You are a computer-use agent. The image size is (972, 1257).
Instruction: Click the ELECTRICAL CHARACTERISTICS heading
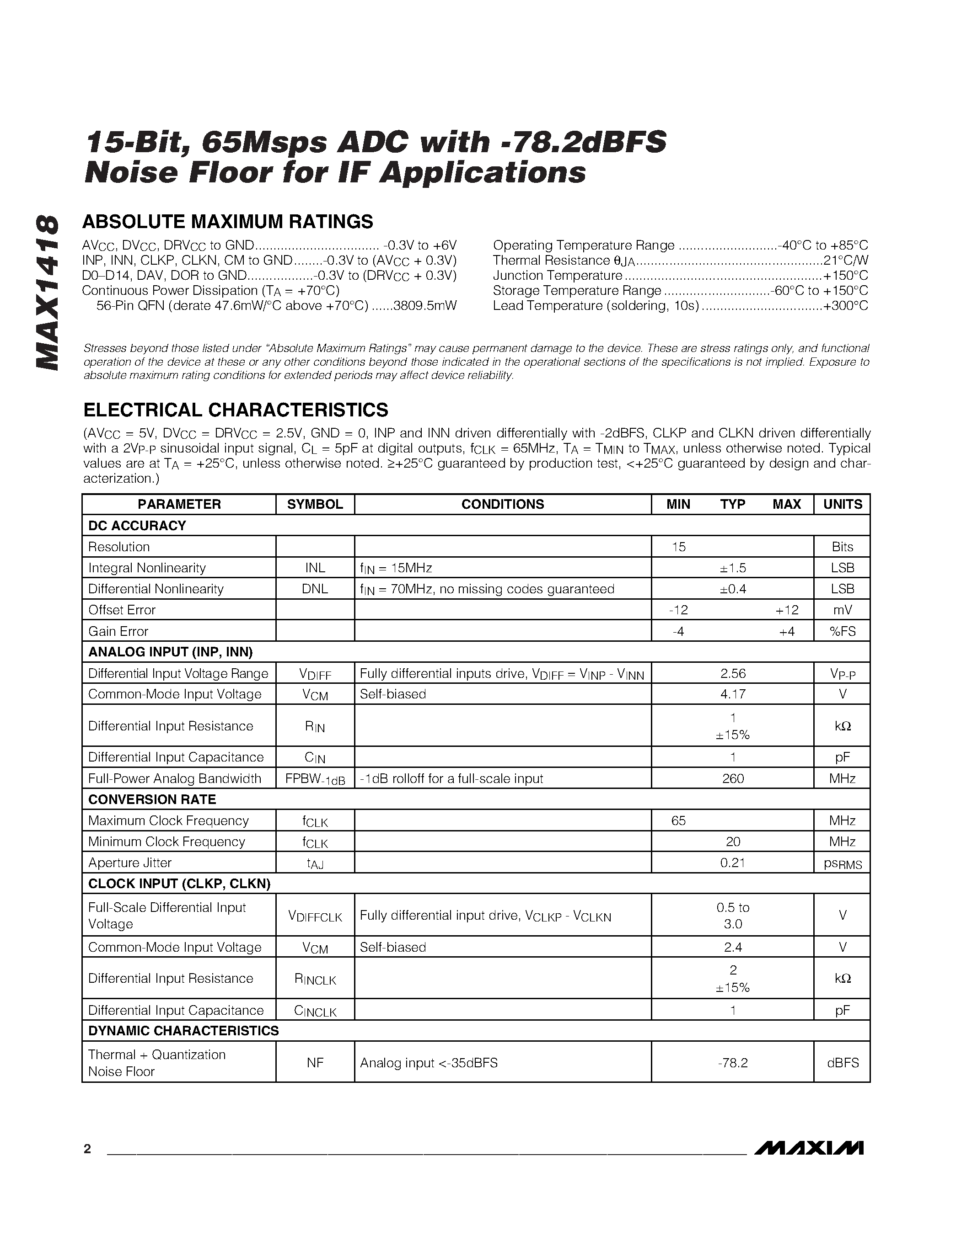(x=236, y=410)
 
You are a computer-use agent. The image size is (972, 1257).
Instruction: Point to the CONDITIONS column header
(x=502, y=504)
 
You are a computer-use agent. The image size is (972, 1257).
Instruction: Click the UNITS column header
(x=842, y=504)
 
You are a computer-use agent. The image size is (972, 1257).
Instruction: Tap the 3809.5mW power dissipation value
(x=425, y=306)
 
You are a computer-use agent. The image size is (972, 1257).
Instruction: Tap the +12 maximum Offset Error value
(x=787, y=610)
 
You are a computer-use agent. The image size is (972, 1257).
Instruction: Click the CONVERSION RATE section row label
(x=152, y=799)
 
